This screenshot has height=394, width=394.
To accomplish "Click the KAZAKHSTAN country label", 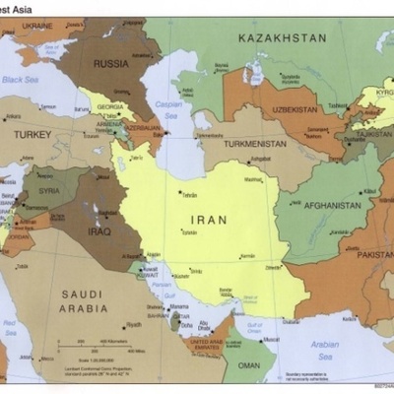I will (282, 37).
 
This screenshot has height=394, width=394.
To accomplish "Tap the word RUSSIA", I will (110, 63).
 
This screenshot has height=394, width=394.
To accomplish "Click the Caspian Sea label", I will (169, 103).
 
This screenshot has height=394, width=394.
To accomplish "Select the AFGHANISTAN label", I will (331, 205).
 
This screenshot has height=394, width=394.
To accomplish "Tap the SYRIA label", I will (49, 191).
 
